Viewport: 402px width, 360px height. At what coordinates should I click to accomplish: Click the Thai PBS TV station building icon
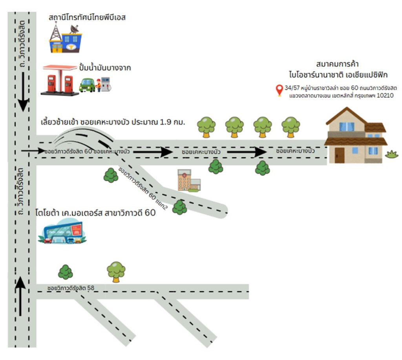[x=66, y=39]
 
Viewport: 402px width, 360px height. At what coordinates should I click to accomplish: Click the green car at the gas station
[x=87, y=85]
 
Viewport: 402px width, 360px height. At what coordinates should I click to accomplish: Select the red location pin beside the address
[x=280, y=90]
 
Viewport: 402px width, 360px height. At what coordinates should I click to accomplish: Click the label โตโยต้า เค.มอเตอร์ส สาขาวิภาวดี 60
[x=96, y=213]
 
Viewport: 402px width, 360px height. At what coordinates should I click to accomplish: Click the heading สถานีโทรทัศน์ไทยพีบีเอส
[x=87, y=18]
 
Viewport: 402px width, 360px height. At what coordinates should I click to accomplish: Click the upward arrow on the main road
[x=20, y=293]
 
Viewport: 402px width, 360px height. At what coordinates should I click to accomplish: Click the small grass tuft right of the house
[x=391, y=154]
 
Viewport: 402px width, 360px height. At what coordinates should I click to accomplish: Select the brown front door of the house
[x=340, y=155]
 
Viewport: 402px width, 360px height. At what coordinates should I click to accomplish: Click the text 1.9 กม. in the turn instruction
[x=172, y=122]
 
